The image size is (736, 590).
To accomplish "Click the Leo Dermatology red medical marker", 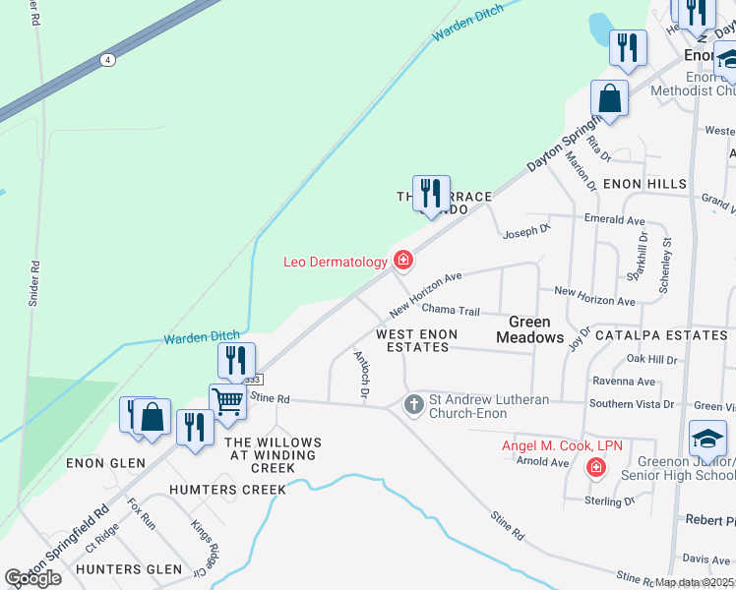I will tap(402, 261).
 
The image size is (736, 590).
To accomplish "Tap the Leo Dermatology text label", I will tap(336, 262).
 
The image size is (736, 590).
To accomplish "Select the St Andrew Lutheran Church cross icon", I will tap(414, 403).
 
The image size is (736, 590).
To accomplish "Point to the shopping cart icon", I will tap(227, 401).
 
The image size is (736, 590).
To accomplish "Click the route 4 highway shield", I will tap(106, 60).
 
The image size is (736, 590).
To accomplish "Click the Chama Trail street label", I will tap(450, 311).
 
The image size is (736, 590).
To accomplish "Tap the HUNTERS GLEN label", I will tap(129, 568).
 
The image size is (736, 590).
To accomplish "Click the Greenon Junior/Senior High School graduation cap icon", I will tap(707, 438).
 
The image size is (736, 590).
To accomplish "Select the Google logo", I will tap(31, 577).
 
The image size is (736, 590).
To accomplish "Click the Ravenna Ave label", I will tap(623, 382).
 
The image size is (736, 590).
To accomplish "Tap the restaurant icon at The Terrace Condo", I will tap(430, 193).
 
